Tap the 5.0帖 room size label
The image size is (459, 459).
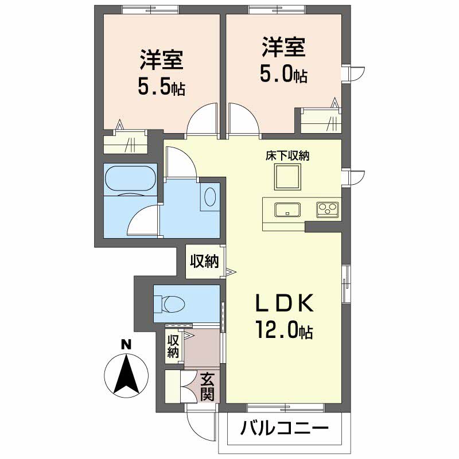285,73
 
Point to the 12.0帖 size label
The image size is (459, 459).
285,331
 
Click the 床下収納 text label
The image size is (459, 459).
287,155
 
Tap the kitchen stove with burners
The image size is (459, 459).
328,209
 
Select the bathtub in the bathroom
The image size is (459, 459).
130,180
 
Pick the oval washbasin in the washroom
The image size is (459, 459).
211,197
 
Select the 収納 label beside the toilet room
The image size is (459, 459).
204,262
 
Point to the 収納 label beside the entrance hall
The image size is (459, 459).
173,346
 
